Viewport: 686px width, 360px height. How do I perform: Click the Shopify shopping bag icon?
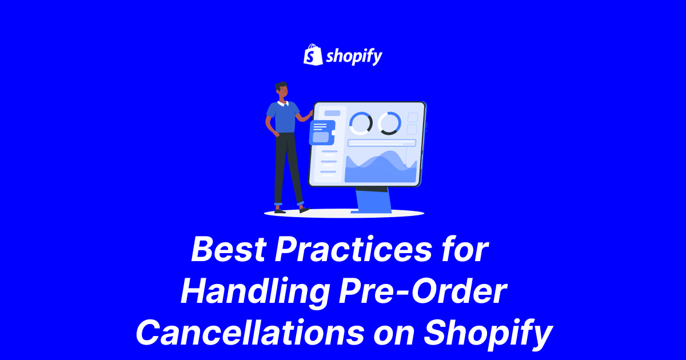[x=312, y=55]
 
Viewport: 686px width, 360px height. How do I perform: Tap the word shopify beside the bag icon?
[x=354, y=56]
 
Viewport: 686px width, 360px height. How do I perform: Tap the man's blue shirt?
[x=282, y=117]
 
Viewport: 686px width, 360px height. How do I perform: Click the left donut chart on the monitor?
[x=361, y=123]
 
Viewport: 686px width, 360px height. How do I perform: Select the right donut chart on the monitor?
[x=389, y=123]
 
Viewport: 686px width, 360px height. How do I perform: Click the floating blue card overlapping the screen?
[x=322, y=132]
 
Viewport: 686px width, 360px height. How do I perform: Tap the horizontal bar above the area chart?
[x=382, y=143]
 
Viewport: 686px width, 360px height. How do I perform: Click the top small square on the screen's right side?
[x=413, y=117]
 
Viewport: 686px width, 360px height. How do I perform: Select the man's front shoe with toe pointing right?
[x=304, y=209]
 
